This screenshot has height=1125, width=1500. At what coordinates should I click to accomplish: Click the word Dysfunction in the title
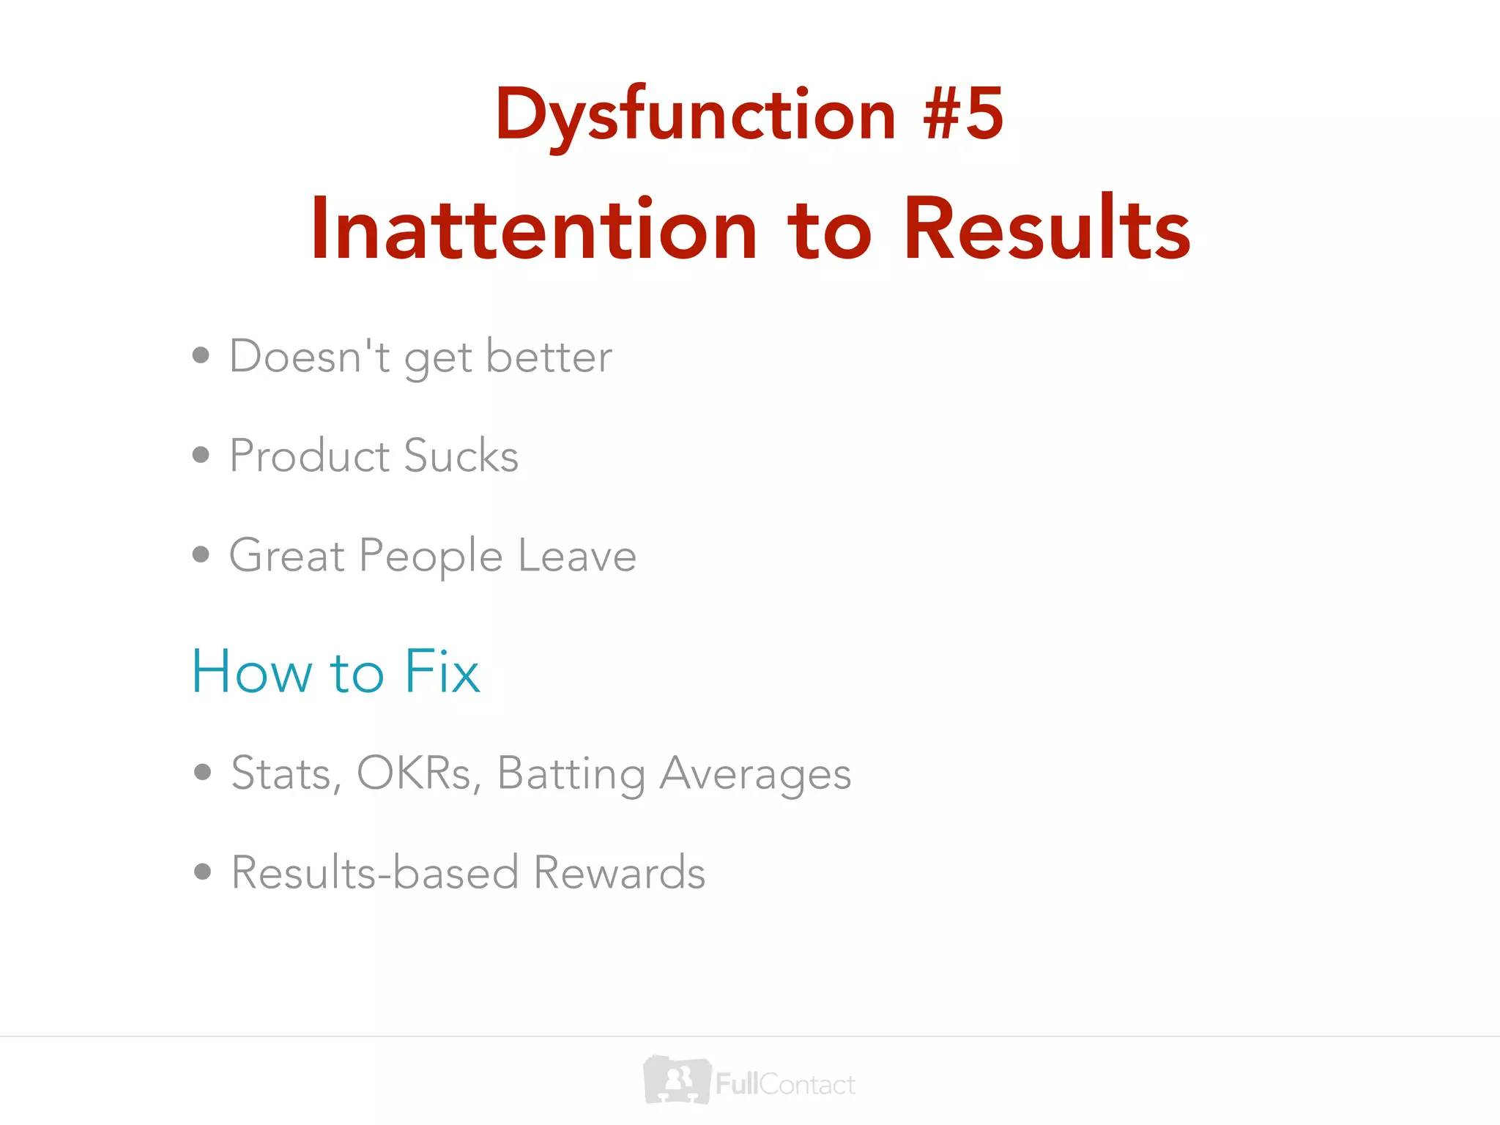(694, 116)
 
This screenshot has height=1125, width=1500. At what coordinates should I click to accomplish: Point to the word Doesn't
(309, 357)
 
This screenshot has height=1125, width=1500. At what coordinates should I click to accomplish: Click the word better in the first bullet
(549, 357)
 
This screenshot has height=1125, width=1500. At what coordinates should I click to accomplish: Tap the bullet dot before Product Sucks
(201, 456)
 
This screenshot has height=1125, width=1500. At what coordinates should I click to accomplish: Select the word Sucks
(461, 456)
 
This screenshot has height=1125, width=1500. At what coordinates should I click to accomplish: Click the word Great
(286, 555)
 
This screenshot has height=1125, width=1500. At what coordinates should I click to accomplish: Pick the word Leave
(577, 555)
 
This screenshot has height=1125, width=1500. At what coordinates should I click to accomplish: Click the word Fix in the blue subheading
(442, 671)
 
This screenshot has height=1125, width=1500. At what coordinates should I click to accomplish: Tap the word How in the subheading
(252, 671)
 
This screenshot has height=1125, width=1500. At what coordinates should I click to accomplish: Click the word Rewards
(619, 872)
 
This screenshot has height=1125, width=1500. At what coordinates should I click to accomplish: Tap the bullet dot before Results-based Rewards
(203, 872)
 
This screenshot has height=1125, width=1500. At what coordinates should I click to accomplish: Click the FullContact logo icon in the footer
(677, 1080)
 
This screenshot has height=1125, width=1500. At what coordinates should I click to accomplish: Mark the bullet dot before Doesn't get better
(201, 356)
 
